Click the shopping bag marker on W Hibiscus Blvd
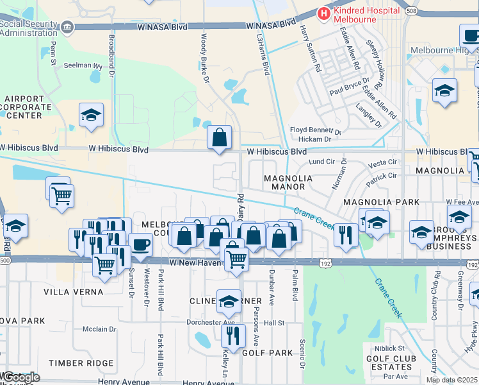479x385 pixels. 219,137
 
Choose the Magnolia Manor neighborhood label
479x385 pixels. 288,182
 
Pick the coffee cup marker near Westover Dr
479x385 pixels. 140,244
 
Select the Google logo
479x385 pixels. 20,377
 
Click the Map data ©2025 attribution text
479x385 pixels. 451,380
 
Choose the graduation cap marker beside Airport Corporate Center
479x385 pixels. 91,116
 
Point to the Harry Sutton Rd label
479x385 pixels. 310,46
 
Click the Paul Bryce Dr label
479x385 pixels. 350,88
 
